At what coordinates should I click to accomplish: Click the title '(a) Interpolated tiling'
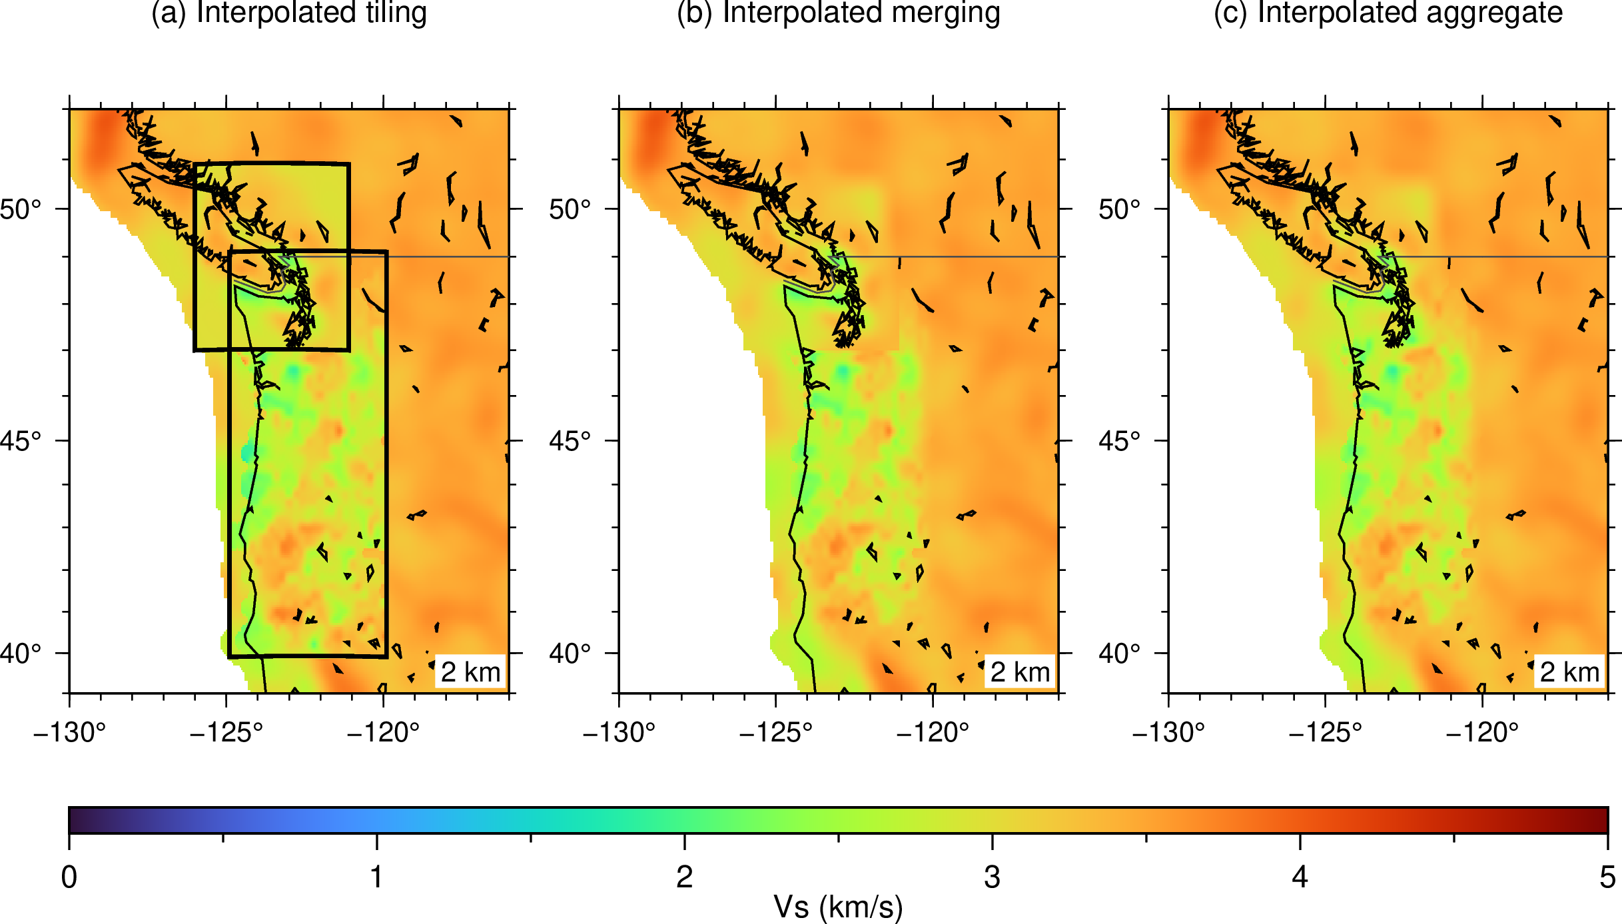(289, 13)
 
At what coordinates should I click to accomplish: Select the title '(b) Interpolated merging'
(839, 13)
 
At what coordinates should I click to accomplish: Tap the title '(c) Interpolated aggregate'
(1388, 13)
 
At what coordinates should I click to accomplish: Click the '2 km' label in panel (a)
(470, 672)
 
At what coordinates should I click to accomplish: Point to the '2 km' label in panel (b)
(1020, 672)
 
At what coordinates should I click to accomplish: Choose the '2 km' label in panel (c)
(1569, 672)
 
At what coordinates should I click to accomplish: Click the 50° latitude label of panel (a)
(20, 209)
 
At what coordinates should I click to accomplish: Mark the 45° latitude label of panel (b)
(570, 440)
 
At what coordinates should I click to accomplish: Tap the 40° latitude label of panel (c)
(1119, 654)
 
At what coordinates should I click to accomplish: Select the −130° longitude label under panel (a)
(69, 733)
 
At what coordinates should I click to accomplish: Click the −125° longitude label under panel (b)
(775, 733)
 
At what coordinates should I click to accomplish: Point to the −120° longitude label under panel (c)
(1482, 733)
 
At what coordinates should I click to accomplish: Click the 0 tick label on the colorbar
(69, 877)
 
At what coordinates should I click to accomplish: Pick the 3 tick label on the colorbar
(993, 877)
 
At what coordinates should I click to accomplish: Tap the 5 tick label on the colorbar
(1608, 877)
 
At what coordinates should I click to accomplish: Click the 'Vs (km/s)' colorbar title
(838, 907)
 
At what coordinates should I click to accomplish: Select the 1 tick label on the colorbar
(377, 877)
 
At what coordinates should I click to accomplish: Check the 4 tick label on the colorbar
(1300, 877)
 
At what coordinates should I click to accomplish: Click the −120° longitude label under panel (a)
(383, 733)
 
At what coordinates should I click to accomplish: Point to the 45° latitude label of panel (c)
(1119, 440)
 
